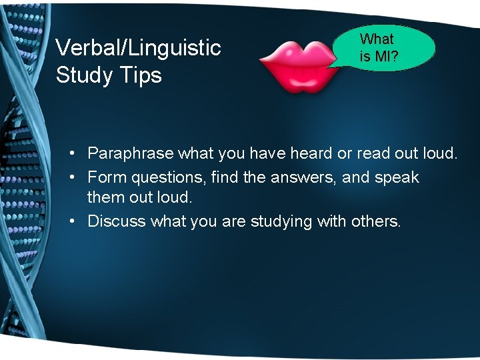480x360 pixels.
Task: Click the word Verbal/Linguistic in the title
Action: (x=138, y=48)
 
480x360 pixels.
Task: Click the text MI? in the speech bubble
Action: (x=387, y=57)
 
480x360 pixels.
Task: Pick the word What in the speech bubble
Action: (x=377, y=39)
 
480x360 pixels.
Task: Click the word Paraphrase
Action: (x=131, y=154)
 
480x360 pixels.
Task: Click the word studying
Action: (x=281, y=221)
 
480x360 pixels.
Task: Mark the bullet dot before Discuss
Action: (x=71, y=221)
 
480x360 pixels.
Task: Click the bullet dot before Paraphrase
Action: (x=71, y=154)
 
